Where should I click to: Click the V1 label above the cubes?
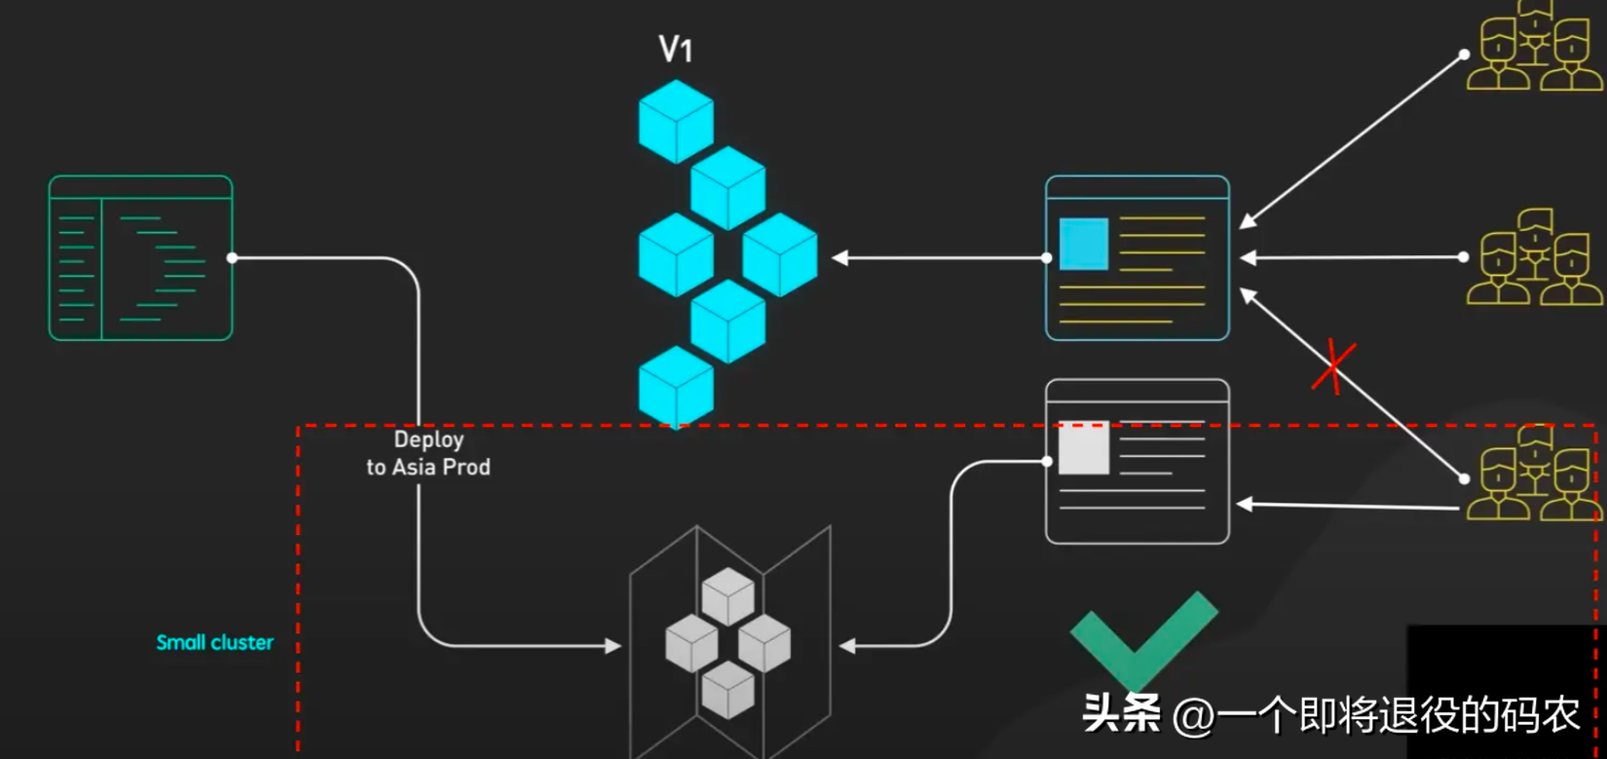[676, 49]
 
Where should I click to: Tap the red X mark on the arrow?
[1333, 366]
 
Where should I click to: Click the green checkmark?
[1142, 638]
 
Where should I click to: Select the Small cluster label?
[214, 642]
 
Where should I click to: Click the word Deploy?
[429, 439]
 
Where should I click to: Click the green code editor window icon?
[140, 257]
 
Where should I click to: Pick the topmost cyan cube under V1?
[676, 121]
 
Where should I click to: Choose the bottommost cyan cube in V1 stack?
[676, 388]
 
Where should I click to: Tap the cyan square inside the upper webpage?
[1083, 244]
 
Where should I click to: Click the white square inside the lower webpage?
[1083, 447]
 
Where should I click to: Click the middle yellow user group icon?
[1534, 257]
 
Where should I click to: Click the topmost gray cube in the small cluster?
[728, 596]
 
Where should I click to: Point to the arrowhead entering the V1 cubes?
[840, 257]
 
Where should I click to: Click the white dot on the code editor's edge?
[232, 257]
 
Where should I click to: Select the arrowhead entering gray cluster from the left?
[614, 646]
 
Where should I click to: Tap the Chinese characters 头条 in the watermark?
[1121, 713]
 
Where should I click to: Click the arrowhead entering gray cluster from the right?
[847, 646]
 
